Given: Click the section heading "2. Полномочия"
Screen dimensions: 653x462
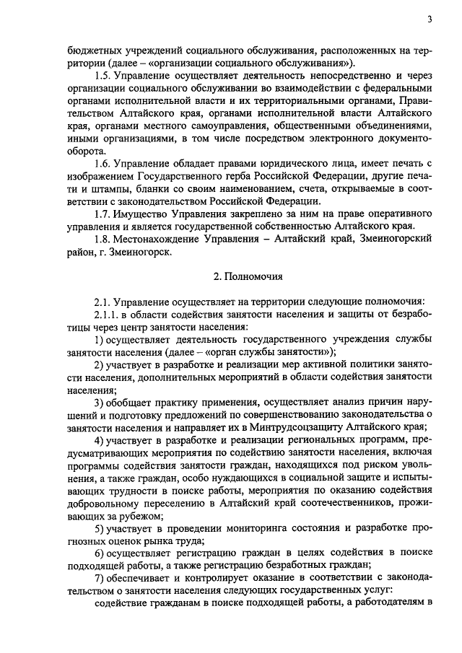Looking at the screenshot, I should [x=249, y=276].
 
